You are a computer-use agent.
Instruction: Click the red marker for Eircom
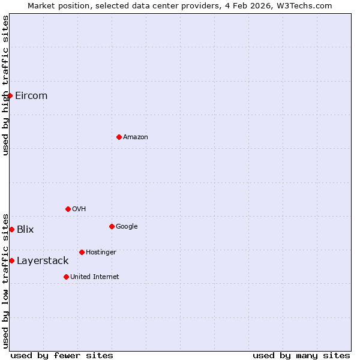click(x=10, y=95)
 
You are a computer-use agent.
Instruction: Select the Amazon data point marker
click(x=119, y=137)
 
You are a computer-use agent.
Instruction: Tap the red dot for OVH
click(x=68, y=209)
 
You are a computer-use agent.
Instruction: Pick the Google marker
click(x=112, y=226)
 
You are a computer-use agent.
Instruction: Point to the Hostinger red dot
click(x=82, y=252)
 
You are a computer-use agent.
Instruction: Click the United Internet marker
click(x=66, y=277)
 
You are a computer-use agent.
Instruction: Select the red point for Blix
click(x=11, y=229)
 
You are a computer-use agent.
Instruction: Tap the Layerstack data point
click(x=11, y=260)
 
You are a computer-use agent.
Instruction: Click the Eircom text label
click(x=31, y=95)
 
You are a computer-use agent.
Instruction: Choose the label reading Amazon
click(x=136, y=137)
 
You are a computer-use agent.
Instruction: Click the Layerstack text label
click(x=43, y=260)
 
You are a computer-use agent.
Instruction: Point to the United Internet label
click(x=95, y=277)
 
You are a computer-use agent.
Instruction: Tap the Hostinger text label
click(x=101, y=252)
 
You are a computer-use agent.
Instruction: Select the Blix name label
click(x=25, y=229)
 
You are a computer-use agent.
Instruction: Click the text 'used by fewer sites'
click(x=62, y=355)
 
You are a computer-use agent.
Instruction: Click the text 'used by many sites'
click(x=301, y=355)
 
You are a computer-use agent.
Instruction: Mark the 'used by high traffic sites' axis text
click(x=5, y=85)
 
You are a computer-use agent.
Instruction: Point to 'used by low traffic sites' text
click(x=5, y=280)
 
